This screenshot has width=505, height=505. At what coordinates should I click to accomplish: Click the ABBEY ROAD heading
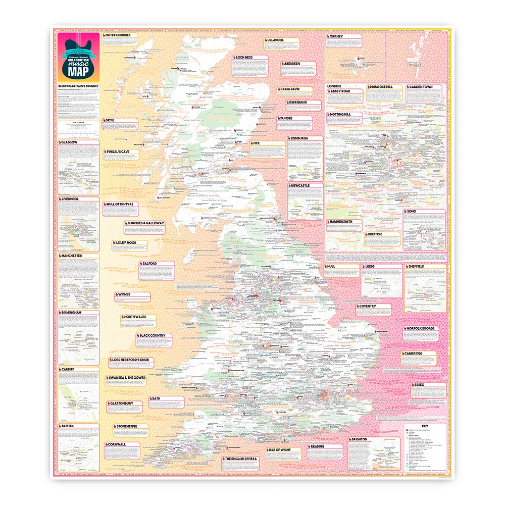[x=345, y=92]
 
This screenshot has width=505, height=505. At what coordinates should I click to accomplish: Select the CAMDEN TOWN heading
[x=421, y=87]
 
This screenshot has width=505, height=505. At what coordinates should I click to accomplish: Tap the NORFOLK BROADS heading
[x=421, y=328]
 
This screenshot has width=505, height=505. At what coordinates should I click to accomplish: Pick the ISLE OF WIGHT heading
[x=284, y=449]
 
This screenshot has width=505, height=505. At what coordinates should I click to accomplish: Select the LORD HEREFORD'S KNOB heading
[x=130, y=360]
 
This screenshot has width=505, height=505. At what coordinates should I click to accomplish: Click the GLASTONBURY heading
[x=122, y=403]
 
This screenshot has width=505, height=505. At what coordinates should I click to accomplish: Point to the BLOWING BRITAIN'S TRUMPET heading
[x=78, y=86]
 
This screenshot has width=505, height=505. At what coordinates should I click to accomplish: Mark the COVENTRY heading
[x=371, y=307]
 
